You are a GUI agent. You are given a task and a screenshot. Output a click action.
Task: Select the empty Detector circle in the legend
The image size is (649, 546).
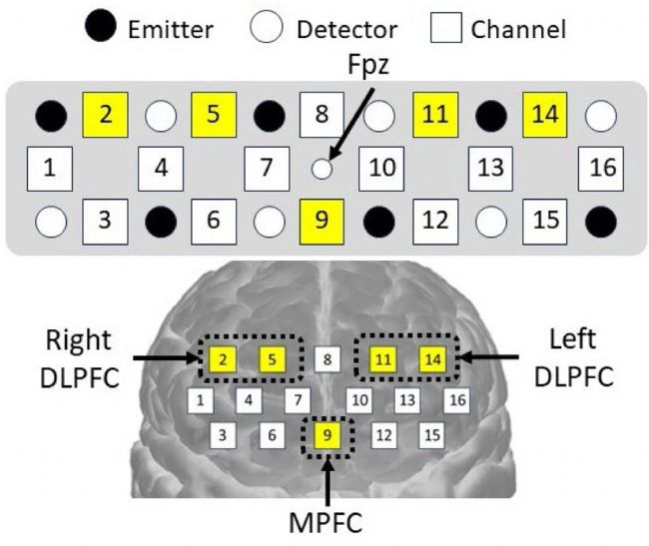267,27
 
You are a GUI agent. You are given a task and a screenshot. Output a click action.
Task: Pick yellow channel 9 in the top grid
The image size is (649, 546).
322,218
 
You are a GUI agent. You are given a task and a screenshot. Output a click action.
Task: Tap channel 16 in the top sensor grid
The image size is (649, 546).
602,167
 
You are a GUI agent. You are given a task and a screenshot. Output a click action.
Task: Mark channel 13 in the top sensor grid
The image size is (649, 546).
490,167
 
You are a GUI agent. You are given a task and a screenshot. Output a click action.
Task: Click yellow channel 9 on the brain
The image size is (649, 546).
328,435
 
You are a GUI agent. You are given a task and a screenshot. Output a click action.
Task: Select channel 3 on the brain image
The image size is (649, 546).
226,435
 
